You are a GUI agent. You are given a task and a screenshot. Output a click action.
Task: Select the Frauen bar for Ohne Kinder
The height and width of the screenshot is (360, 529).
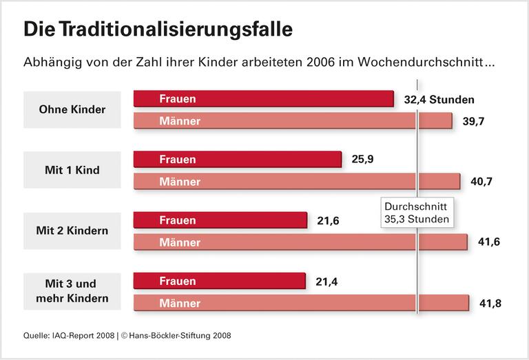point(263,98)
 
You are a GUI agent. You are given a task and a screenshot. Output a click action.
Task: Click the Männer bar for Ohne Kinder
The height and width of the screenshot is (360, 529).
point(292,121)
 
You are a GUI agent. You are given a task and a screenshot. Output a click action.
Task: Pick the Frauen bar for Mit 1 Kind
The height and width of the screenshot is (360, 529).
point(237,159)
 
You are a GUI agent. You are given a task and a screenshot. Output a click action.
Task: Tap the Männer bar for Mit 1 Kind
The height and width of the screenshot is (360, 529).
point(296,182)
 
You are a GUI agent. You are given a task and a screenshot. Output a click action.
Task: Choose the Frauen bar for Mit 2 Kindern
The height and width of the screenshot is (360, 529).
point(220,220)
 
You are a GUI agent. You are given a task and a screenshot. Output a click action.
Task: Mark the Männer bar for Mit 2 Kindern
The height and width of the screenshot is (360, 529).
point(300,242)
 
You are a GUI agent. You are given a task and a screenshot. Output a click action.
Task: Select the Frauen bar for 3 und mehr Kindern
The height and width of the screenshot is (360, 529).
point(219,281)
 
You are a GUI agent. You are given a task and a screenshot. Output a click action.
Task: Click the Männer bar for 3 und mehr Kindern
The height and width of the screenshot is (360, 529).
point(301,303)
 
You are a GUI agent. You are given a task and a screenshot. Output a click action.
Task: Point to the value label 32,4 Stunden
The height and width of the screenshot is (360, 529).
point(439,99)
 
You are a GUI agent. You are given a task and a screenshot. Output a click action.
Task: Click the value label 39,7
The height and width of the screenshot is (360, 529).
point(472,122)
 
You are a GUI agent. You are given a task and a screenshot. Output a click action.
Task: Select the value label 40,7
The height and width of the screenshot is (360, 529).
point(480,182)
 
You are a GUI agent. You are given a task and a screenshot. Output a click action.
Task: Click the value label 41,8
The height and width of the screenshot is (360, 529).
point(488,304)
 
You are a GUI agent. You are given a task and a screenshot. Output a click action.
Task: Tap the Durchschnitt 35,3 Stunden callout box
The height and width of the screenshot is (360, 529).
point(416,213)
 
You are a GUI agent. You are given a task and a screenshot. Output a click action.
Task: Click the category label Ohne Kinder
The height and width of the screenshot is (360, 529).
point(72,109)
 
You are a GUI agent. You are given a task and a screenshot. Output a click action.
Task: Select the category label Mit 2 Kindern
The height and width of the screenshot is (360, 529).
point(72,231)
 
